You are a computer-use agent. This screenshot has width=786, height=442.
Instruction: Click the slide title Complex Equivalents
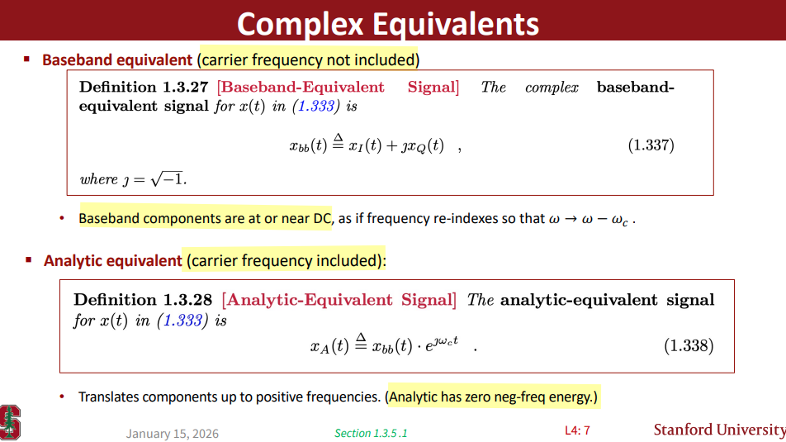(387, 24)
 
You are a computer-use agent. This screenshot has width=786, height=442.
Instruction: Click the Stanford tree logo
(10, 422)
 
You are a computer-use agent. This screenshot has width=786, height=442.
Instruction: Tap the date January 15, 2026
(172, 434)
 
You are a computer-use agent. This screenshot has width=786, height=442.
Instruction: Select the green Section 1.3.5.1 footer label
(371, 433)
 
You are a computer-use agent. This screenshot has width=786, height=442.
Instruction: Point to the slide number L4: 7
(577, 430)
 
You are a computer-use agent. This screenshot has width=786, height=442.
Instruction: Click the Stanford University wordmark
(719, 430)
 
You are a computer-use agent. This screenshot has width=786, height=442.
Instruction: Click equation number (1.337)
(651, 145)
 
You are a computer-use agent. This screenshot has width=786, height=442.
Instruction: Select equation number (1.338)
(689, 345)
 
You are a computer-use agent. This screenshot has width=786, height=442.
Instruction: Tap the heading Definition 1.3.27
(144, 87)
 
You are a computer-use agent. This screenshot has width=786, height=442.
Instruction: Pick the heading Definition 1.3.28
(143, 300)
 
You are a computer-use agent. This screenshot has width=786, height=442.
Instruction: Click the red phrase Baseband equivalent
(117, 60)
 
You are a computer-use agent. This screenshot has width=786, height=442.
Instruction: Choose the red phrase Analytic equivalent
(113, 261)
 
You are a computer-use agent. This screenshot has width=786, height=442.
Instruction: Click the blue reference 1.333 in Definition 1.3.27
(315, 107)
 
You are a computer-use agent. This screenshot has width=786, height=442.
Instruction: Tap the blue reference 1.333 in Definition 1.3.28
(183, 321)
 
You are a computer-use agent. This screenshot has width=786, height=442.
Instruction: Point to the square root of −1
(167, 178)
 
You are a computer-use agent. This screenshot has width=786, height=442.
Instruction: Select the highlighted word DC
(322, 219)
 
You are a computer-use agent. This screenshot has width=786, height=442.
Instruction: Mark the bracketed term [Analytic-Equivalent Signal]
(339, 300)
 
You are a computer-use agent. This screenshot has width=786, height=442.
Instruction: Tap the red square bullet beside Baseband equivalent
(27, 59)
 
